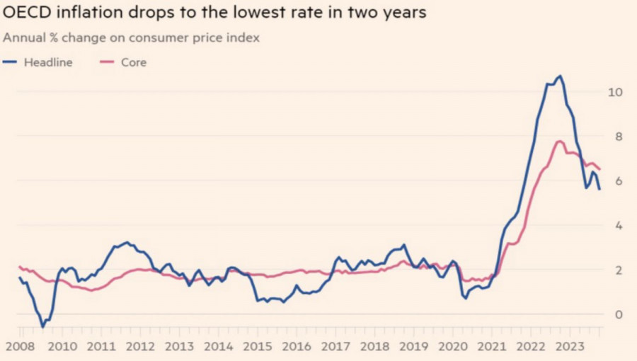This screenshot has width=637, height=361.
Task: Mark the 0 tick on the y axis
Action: click(x=618, y=315)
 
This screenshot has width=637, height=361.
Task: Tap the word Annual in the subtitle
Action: click(x=24, y=38)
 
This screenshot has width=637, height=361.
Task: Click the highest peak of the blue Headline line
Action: click(x=561, y=76)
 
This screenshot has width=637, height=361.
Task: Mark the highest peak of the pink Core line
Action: click(x=559, y=141)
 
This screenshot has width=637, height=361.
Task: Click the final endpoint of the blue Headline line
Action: click(x=599, y=189)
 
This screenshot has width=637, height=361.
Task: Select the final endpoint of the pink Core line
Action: click(x=600, y=168)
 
